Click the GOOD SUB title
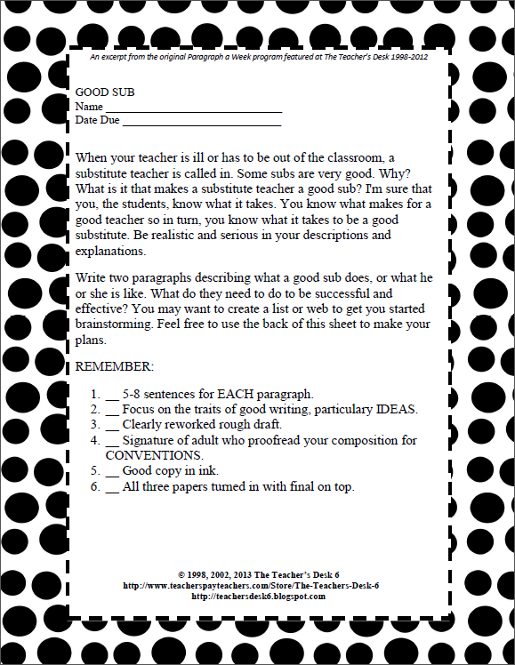pyautogui.click(x=105, y=92)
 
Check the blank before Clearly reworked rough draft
pyautogui.click(x=112, y=424)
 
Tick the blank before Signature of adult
pyautogui.click(x=112, y=440)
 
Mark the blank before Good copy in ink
pyautogui.click(x=112, y=470)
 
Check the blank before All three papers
pyautogui.click(x=112, y=486)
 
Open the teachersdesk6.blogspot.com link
pyautogui.click(x=258, y=596)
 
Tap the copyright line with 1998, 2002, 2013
pyautogui.click(x=253, y=575)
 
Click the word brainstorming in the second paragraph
pyautogui.click(x=118, y=325)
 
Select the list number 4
pyautogui.click(x=95, y=440)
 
